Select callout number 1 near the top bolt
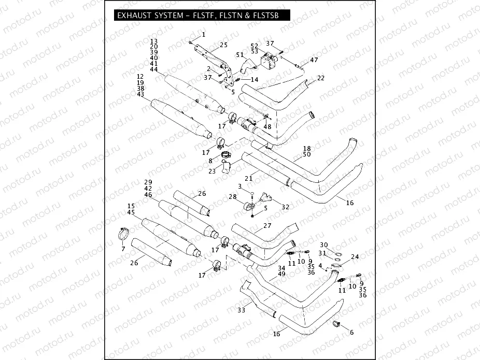203,35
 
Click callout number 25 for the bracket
223,45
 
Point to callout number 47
314,61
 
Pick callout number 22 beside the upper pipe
321,78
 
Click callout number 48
267,126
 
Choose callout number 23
211,171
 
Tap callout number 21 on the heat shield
248,178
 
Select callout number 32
285,207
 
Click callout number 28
232,197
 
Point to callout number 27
267,226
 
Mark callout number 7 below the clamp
123,249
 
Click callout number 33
241,310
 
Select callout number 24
355,257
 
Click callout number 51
239,54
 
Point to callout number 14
254,80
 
